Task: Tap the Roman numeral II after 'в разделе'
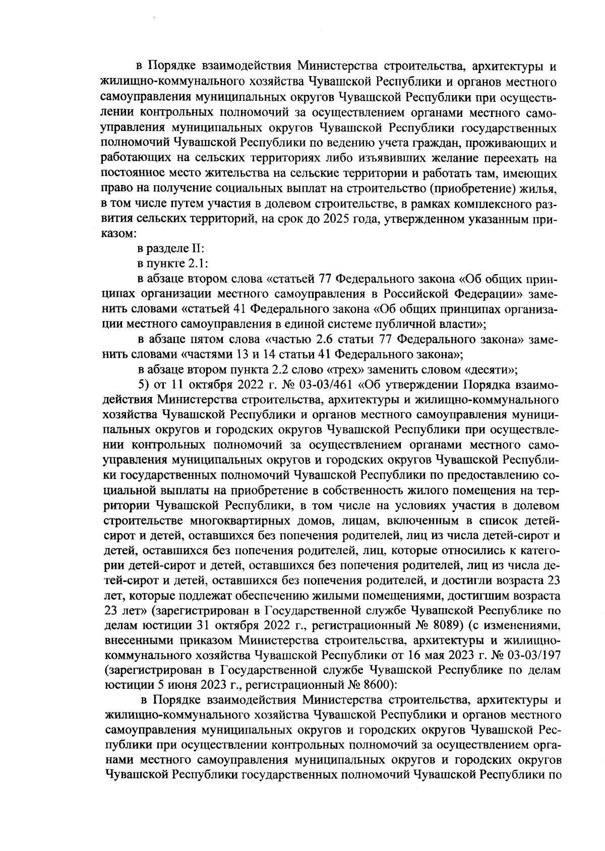[x=196, y=248]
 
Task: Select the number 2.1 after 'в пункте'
[x=191, y=263]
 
